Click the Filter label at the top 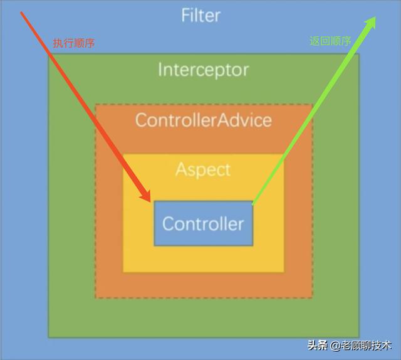[x=200, y=14]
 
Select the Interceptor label [x=203, y=69]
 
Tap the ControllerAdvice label [x=204, y=120]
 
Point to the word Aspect [x=203, y=169]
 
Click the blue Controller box [x=204, y=223]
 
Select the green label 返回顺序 [x=330, y=41]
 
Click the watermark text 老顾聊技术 [x=366, y=346]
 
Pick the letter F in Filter [x=185, y=14]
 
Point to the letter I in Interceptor [x=160, y=69]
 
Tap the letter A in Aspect [x=181, y=169]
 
